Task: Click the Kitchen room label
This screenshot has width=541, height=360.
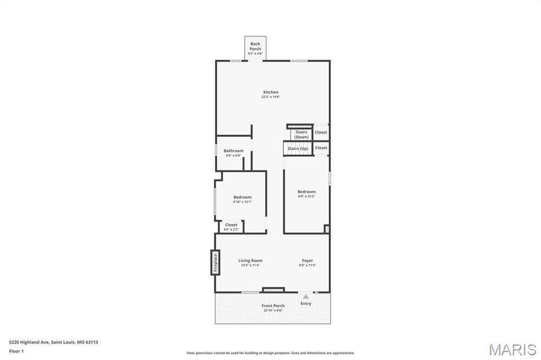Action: pyautogui.click(x=271, y=92)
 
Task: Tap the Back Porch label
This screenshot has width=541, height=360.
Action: pyautogui.click(x=255, y=46)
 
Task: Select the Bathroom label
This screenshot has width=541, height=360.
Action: pyautogui.click(x=234, y=150)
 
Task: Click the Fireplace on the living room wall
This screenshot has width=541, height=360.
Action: pyautogui.click(x=216, y=262)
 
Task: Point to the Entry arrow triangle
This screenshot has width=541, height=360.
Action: pyautogui.click(x=306, y=296)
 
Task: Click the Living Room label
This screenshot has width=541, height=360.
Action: pyautogui.click(x=250, y=261)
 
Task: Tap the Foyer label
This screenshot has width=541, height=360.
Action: pyautogui.click(x=307, y=261)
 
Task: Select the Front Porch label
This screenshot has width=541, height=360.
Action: pyautogui.click(x=273, y=306)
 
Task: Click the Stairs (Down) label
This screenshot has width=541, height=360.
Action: pyautogui.click(x=301, y=135)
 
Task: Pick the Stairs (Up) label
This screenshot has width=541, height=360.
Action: pyautogui.click(x=298, y=149)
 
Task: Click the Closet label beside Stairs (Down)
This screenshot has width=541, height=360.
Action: pyautogui.click(x=321, y=132)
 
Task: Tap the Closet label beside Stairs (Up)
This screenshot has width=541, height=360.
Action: pyautogui.click(x=321, y=148)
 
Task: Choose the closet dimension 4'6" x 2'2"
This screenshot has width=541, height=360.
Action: pyautogui.click(x=231, y=229)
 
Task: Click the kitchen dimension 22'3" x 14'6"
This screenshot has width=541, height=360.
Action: pyautogui.click(x=271, y=97)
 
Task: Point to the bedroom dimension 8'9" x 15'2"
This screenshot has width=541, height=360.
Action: pyautogui.click(x=307, y=196)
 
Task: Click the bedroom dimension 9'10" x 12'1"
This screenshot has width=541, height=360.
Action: pyautogui.click(x=242, y=202)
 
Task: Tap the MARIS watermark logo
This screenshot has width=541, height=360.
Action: pyautogui.click(x=512, y=349)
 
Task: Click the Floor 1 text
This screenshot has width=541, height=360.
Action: pyautogui.click(x=16, y=351)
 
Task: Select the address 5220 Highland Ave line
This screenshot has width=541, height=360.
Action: pyautogui.click(x=53, y=342)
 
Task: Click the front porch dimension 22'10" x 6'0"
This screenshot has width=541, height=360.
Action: pyautogui.click(x=273, y=310)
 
